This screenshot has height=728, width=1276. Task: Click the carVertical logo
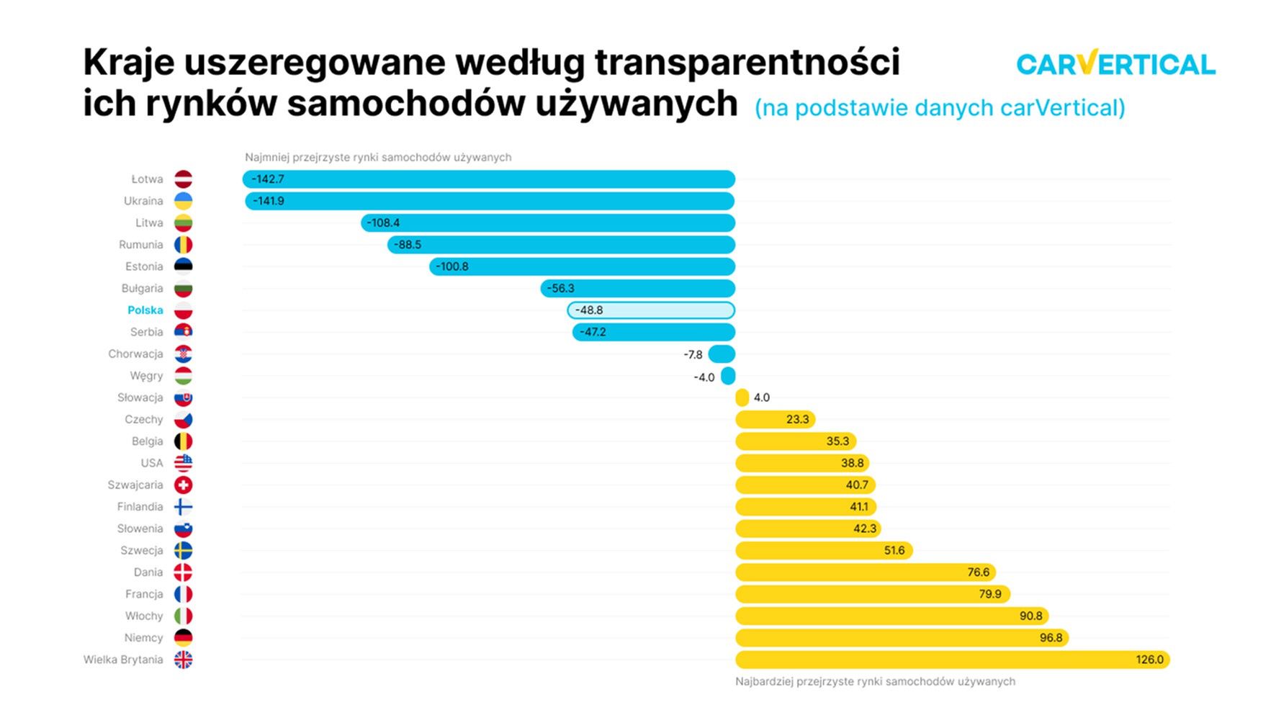tap(1115, 64)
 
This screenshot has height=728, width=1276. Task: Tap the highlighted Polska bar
tap(651, 310)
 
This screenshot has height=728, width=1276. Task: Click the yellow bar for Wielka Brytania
tap(952, 660)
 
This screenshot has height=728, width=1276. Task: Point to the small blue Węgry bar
tap(728, 376)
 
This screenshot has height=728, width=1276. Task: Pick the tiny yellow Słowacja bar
tap(742, 397)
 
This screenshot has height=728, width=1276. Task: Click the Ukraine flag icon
tap(184, 201)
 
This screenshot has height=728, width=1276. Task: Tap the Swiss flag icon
tap(184, 485)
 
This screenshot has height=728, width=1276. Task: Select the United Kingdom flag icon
tap(184, 660)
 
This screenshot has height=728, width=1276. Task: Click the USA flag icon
tap(184, 463)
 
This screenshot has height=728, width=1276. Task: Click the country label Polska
tap(145, 310)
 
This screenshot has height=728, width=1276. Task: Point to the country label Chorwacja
tap(135, 354)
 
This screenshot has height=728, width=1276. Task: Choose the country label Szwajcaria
tap(135, 485)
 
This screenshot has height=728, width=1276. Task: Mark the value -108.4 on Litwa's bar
tap(383, 223)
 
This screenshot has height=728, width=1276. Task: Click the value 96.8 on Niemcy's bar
tap(1051, 638)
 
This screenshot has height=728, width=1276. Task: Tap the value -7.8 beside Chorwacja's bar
tap(693, 355)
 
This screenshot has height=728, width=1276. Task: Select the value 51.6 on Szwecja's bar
tap(894, 551)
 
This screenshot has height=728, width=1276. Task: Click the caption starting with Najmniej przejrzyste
tap(378, 157)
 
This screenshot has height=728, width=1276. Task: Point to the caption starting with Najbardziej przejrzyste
tap(875, 681)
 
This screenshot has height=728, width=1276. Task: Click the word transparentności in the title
tap(747, 63)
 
